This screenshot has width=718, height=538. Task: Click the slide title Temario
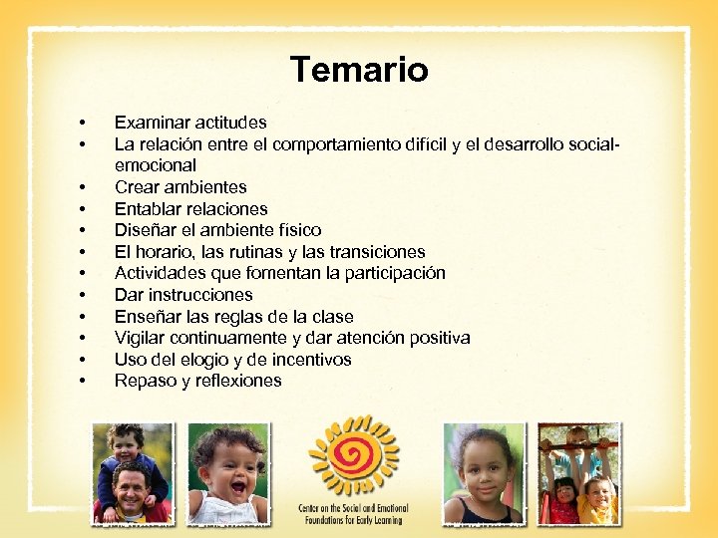pyautogui.click(x=359, y=70)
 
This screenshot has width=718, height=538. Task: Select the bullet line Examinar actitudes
pyautogui.click(x=190, y=123)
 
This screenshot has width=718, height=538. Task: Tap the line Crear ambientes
pyautogui.click(x=180, y=187)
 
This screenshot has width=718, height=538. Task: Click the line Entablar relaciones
pyautogui.click(x=190, y=209)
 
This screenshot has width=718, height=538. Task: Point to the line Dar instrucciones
pyautogui.click(x=183, y=295)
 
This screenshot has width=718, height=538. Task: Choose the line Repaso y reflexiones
pyautogui.click(x=197, y=381)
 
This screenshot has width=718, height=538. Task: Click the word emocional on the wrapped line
pyautogui.click(x=155, y=165)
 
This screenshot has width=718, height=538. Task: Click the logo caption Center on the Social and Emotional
pyautogui.click(x=353, y=508)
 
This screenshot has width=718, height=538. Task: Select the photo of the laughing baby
pyautogui.click(x=228, y=473)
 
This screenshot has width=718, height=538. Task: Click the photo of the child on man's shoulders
pyautogui.click(x=132, y=473)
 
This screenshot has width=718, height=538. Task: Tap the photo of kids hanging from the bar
pyautogui.click(x=577, y=473)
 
